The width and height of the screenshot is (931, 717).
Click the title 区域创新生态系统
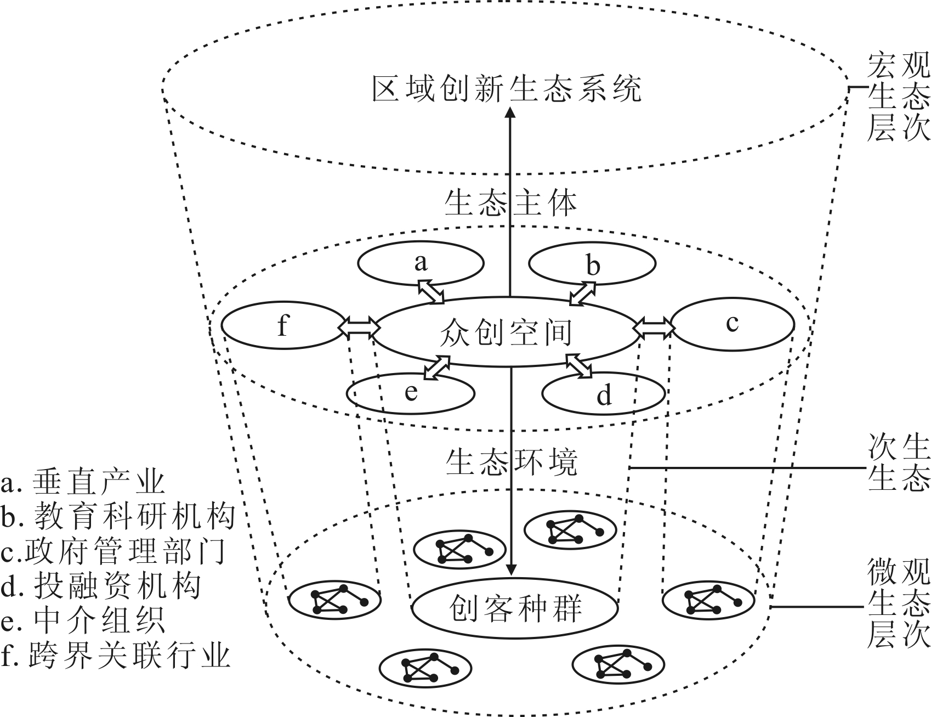(507, 89)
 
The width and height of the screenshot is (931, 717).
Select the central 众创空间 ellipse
(506, 331)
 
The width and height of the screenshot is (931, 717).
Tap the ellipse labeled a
(421, 263)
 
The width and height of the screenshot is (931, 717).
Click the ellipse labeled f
(282, 325)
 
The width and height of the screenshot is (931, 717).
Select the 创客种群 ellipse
(515, 608)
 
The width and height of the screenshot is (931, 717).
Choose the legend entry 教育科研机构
(118, 516)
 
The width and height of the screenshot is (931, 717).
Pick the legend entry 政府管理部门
(113, 551)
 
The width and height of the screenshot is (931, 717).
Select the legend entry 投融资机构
(101, 585)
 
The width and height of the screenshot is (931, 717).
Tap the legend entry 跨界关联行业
(115, 656)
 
